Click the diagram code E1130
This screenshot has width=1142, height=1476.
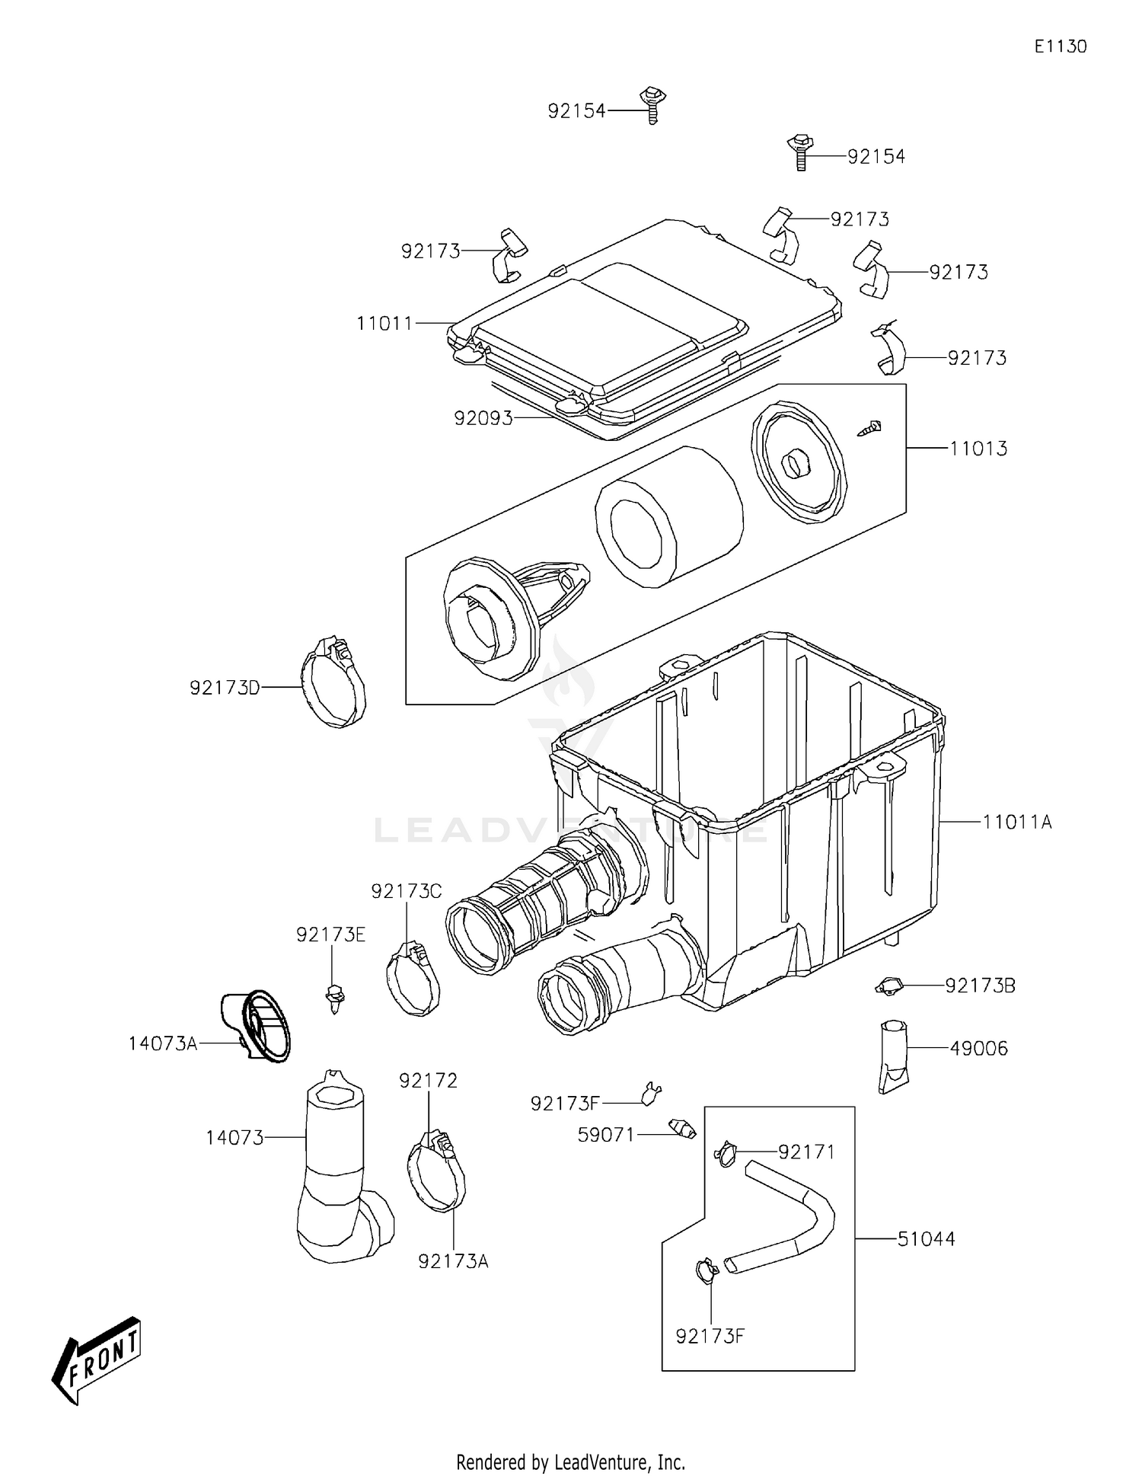click(1060, 46)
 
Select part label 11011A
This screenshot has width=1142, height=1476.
click(1017, 822)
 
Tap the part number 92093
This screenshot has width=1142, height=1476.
click(483, 418)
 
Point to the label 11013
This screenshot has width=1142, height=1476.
click(978, 449)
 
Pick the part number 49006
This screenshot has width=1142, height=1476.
click(978, 1049)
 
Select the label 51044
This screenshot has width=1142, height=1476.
click(926, 1239)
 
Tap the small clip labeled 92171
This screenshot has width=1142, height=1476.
click(726, 1153)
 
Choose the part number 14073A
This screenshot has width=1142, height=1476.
click(162, 1043)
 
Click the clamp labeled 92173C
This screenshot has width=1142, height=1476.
click(413, 979)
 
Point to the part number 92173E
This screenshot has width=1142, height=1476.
click(330, 934)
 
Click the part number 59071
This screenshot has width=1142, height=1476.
click(605, 1135)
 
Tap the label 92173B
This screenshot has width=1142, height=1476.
click(980, 986)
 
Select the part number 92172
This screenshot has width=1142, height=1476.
click(428, 1081)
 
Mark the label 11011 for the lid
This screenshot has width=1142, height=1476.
click(384, 324)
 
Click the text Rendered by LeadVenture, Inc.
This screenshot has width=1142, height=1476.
click(570, 1462)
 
